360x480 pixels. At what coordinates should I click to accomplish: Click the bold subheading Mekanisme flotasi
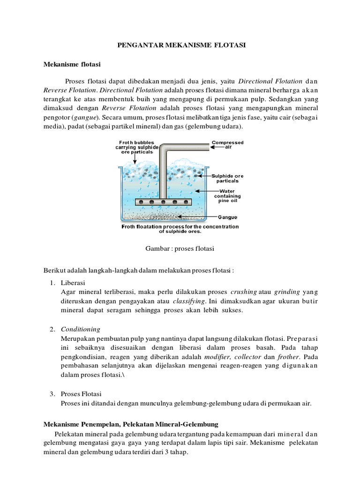[68, 63]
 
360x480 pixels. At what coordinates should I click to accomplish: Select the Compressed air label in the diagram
[228, 144]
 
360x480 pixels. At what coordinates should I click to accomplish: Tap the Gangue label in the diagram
[228, 217]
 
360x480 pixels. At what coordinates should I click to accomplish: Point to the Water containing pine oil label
[228, 195]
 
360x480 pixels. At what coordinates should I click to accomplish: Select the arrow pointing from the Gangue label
[206, 217]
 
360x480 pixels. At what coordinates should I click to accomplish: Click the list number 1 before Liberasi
[52, 283]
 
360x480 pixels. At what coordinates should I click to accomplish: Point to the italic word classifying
[188, 301]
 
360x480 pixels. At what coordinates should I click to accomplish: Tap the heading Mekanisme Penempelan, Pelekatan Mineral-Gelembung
[131, 424]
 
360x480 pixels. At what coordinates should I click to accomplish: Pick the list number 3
[52, 393]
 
